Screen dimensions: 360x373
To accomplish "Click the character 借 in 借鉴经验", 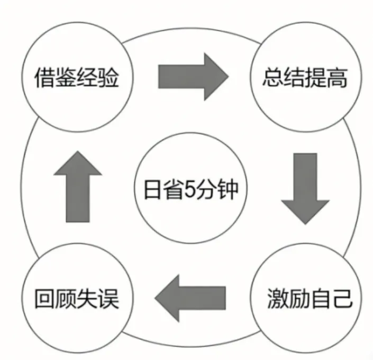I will pos(44,78).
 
